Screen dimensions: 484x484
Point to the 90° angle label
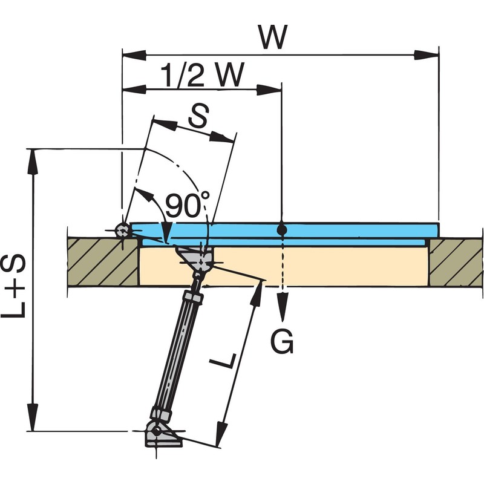pyautogui.click(x=186, y=206)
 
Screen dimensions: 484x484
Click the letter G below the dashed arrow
pyautogui.click(x=282, y=342)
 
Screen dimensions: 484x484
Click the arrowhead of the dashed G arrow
pyautogui.click(x=282, y=302)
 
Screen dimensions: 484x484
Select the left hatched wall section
pyautogui.click(x=103, y=261)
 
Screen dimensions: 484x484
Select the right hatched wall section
pyautogui.click(x=455, y=261)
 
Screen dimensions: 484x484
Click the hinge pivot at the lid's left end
pyautogui.click(x=122, y=230)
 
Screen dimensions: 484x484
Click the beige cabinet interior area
pyautogui.click(x=339, y=266)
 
